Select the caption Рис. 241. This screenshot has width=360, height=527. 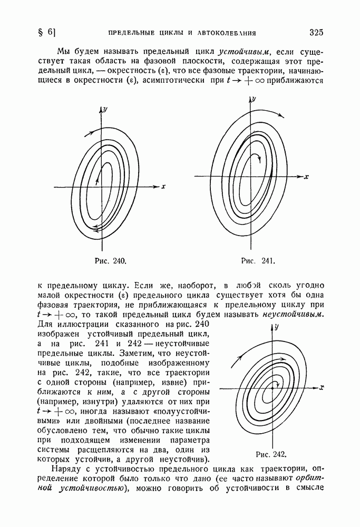pos(259,260)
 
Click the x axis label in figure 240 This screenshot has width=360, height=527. pos(164,186)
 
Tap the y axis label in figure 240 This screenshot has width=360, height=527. pos(105,109)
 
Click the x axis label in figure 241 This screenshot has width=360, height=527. pos(306,176)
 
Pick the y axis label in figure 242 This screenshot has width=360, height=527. pos(277,327)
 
